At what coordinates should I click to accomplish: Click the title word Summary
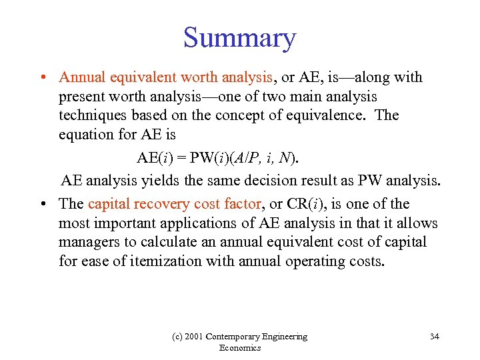click(x=239, y=38)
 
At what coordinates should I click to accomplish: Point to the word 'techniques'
click(x=91, y=115)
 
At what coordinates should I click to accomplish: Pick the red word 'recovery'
click(x=165, y=204)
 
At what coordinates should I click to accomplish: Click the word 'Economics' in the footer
click(x=239, y=348)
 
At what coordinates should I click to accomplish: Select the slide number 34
click(x=434, y=337)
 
